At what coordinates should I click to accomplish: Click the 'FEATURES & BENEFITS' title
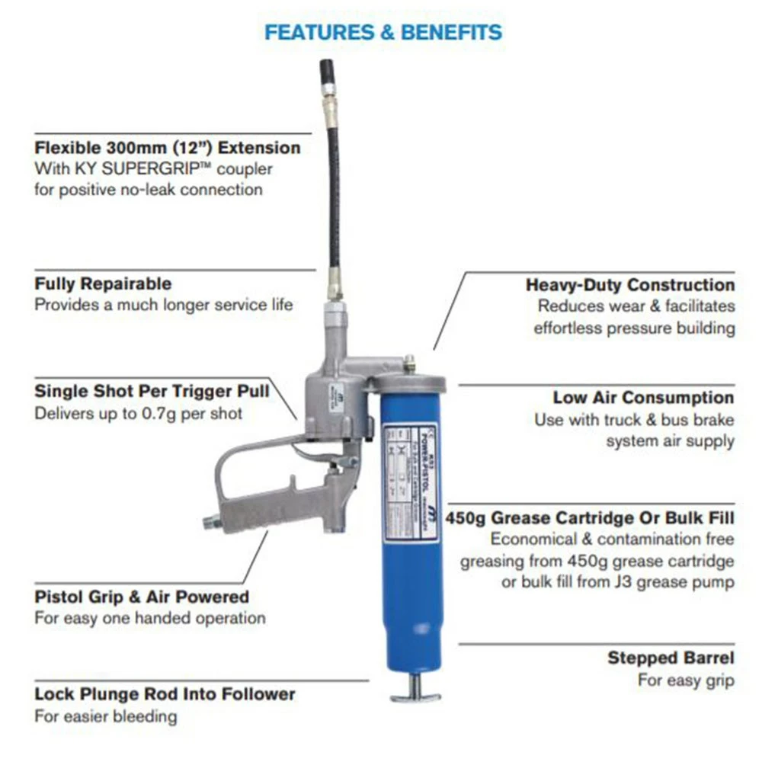pyautogui.click(x=383, y=32)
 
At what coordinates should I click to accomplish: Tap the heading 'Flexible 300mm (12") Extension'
pyautogui.click(x=168, y=146)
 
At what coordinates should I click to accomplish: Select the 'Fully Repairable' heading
pyautogui.click(x=103, y=284)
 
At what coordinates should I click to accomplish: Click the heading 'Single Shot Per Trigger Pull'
pyautogui.click(x=152, y=392)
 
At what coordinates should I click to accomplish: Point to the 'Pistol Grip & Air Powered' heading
pyautogui.click(x=142, y=597)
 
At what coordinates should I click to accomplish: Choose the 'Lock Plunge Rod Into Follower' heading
pyautogui.click(x=165, y=694)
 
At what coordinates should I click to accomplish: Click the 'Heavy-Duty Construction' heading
pyautogui.click(x=630, y=285)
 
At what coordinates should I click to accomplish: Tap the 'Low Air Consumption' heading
pyautogui.click(x=643, y=398)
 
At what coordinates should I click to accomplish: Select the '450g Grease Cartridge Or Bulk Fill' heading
pyautogui.click(x=591, y=518)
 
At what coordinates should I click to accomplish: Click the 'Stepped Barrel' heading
pyautogui.click(x=671, y=658)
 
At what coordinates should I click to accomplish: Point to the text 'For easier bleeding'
pyautogui.click(x=105, y=716)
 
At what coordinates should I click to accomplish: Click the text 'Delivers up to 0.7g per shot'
pyautogui.click(x=138, y=414)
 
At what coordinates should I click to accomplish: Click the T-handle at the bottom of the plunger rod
pyautogui.click(x=415, y=695)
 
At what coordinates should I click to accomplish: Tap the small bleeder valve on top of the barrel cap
pyautogui.click(x=409, y=360)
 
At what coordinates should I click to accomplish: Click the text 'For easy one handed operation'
pyautogui.click(x=149, y=618)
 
